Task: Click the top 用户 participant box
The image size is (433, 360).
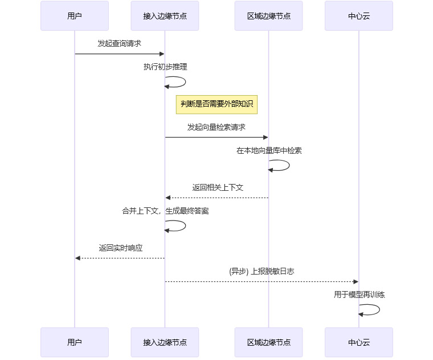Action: pos(75,16)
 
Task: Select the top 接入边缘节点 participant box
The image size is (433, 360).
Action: pos(165,16)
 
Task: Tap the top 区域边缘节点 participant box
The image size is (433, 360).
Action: pos(268,16)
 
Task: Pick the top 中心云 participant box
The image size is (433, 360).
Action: pos(359,16)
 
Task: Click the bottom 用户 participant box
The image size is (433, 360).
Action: pos(75,342)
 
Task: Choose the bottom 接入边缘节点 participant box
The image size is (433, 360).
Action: pos(165,342)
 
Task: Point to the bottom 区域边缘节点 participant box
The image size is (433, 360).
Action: pos(268,342)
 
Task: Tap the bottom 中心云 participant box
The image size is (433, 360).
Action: pos(359,342)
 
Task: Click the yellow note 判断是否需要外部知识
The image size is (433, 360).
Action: pos(217,104)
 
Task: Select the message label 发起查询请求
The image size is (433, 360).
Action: pos(120,43)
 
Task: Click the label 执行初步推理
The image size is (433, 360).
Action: pos(165,67)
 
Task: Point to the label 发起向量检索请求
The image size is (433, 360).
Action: pos(217,127)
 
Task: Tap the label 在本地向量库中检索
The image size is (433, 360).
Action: pos(269,151)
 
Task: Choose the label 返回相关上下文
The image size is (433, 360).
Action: pos(218,187)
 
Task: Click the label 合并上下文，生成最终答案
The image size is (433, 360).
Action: pos(165,211)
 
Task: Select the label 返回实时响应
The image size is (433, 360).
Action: pos(120,248)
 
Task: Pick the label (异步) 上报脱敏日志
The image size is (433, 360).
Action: pos(262,271)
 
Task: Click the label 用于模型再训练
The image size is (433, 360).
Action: pos(359,294)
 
